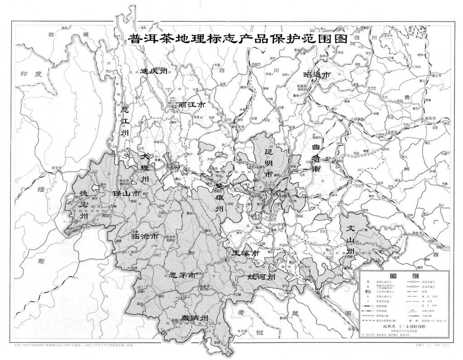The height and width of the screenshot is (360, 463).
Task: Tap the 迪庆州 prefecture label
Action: point(154,71)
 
